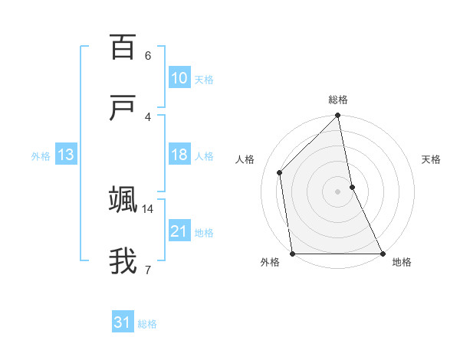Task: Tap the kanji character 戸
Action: pyautogui.click(x=123, y=109)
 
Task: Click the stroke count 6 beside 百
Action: pyautogui.click(x=148, y=55)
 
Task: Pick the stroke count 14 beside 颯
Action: pyautogui.click(x=148, y=208)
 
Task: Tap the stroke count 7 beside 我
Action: pyautogui.click(x=148, y=269)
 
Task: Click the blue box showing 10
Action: pyautogui.click(x=179, y=78)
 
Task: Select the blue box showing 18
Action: pyautogui.click(x=179, y=155)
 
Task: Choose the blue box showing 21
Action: pyautogui.click(x=179, y=231)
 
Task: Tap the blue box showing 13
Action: pyautogui.click(x=66, y=155)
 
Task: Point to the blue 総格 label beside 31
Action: pyautogui.click(x=147, y=324)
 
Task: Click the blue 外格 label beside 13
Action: pyautogui.click(x=41, y=156)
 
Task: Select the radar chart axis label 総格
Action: pyautogui.click(x=338, y=100)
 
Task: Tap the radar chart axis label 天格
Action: pyautogui.click(x=431, y=159)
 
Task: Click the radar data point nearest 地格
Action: pyautogui.click(x=383, y=253)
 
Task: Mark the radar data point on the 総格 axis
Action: pyautogui.click(x=338, y=116)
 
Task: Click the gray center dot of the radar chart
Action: pyautogui.click(x=338, y=191)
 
